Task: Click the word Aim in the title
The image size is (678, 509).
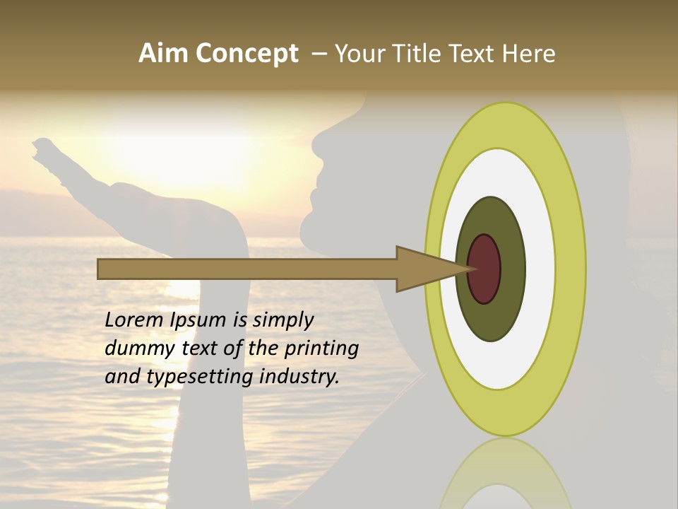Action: [x=164, y=54]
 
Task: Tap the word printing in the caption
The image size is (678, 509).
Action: [x=321, y=349]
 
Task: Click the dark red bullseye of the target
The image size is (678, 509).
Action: [x=484, y=269]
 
